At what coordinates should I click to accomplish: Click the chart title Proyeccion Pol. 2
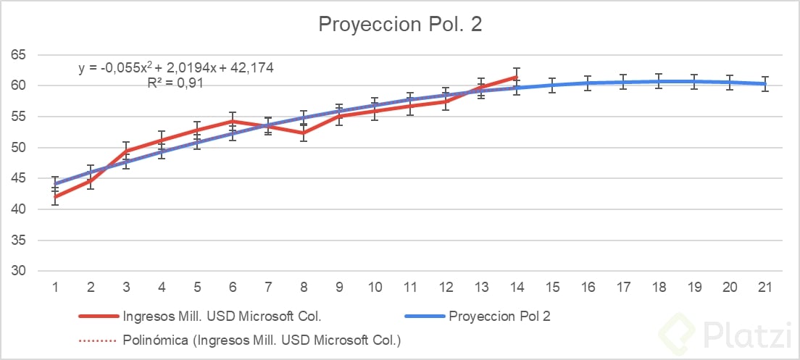(400, 25)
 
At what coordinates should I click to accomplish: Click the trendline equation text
(176, 68)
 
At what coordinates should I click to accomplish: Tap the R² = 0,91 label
(175, 83)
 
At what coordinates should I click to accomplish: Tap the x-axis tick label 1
(55, 287)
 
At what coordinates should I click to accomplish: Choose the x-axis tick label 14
(517, 287)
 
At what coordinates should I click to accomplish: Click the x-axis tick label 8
(304, 287)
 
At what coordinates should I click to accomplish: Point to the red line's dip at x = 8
(304, 133)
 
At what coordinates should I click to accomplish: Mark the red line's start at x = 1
(55, 196)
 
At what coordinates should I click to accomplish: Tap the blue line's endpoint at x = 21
(766, 84)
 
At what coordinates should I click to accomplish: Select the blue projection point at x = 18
(659, 81)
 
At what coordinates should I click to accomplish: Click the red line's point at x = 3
(126, 151)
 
